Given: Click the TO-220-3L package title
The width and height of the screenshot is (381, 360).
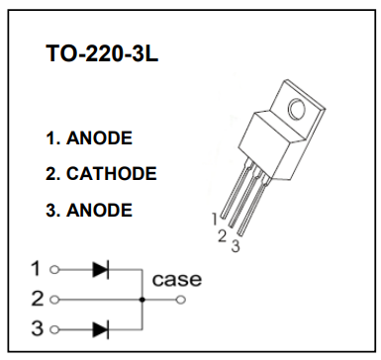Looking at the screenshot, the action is point(102,53).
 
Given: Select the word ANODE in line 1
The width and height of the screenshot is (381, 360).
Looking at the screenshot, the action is point(99,138).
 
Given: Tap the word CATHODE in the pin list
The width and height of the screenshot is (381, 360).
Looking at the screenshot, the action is point(112,174).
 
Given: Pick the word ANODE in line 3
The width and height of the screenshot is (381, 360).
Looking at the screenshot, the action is point(99,210).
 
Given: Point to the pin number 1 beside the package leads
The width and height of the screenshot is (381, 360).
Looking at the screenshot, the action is point(215,219).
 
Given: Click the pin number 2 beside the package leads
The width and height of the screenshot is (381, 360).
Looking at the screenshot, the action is point(223,236).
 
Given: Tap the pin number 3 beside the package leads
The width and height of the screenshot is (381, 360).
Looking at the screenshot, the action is point(236,246).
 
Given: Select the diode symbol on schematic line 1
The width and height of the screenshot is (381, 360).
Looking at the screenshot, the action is point(101,270).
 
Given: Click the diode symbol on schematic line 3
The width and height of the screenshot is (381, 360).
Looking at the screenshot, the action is point(101,329).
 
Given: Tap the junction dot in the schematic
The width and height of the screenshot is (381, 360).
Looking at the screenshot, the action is point(143,300).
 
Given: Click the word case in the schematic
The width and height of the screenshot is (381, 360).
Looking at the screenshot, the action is point(176,280).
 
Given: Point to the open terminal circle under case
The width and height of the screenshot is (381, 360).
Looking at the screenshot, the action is point(181,300).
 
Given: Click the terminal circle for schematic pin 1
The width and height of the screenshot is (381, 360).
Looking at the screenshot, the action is point(54,270).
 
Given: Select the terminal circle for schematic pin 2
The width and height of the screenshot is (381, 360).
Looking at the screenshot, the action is point(54,300).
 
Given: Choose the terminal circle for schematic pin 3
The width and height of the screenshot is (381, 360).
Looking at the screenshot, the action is point(54,329).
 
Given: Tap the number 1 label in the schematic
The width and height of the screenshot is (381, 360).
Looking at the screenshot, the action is point(37,269).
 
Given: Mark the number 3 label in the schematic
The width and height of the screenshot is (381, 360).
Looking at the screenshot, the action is point(38,328).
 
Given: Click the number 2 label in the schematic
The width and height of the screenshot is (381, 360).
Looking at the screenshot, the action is point(38,299).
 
